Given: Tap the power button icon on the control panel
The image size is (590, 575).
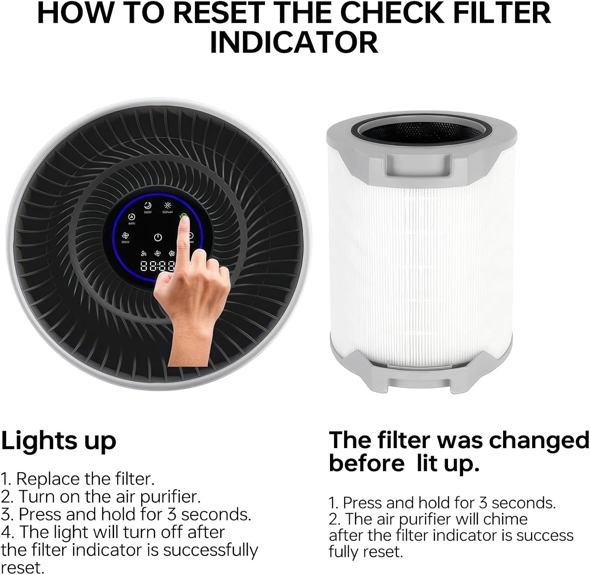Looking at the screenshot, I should point(158,237).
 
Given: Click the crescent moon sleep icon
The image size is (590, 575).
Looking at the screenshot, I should point(147,206).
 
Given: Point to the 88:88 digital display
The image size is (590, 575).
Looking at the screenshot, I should point(157,266).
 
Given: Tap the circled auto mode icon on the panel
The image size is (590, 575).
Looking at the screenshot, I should point(132,217).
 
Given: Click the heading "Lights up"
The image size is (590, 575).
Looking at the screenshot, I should point(59,441).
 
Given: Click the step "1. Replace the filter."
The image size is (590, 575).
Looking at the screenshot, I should point(77,479).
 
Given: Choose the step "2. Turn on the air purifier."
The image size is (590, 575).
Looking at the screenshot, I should point(101,496).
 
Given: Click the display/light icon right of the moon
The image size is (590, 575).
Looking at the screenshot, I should point(168,206).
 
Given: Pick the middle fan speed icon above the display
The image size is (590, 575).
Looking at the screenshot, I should point(158,254).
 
